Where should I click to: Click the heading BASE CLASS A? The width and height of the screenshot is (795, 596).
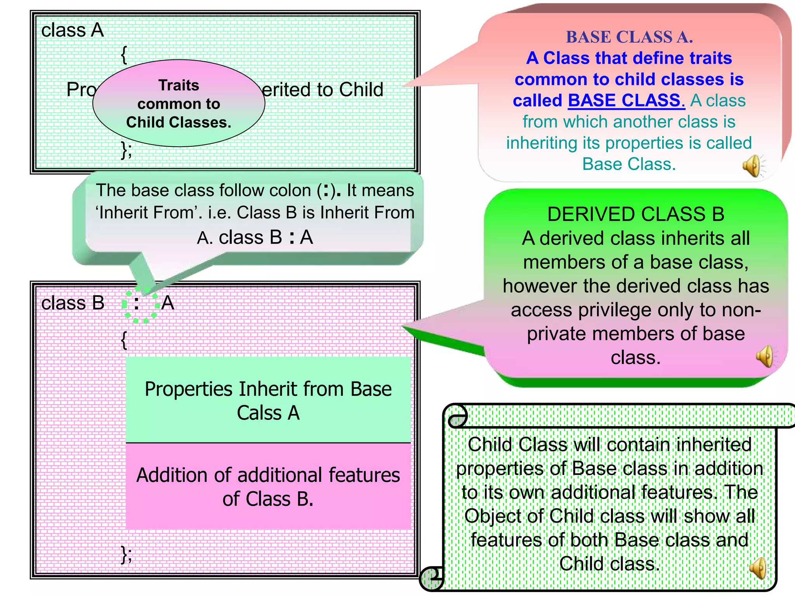629,37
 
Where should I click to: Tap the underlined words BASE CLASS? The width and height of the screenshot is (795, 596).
626,100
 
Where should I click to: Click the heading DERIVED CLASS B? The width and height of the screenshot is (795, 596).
635,214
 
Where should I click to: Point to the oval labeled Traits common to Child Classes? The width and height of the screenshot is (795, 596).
179,103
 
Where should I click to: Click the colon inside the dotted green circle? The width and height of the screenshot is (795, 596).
136,303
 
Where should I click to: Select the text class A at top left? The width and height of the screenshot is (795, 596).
73,30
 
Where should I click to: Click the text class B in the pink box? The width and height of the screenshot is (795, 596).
73,303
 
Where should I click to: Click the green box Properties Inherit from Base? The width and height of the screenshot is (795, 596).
268,400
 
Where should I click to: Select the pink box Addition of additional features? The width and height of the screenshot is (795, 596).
268,487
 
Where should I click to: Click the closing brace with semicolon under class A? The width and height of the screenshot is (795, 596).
126,150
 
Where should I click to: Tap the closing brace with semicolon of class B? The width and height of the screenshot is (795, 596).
126,554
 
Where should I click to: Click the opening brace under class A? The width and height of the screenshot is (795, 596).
124,55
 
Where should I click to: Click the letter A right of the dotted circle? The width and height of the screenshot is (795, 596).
168,303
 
